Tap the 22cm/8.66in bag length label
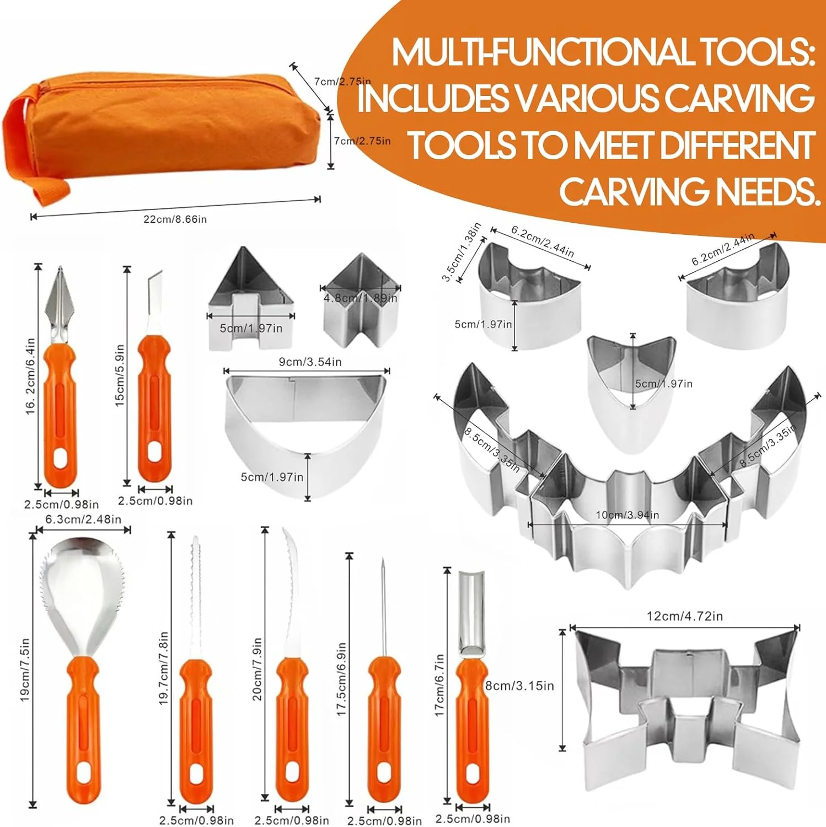point(175,219)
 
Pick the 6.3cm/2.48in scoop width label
point(83,519)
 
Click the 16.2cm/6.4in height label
point(31,376)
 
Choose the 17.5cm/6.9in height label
point(341,679)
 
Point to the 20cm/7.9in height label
point(257,669)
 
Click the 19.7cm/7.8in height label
point(163,668)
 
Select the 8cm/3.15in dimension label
point(519,686)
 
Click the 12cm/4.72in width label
point(685,616)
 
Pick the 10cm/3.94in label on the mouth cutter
point(627,515)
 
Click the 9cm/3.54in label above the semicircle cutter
point(310,362)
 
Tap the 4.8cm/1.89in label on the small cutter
point(360,298)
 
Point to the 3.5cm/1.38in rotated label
point(462,251)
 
